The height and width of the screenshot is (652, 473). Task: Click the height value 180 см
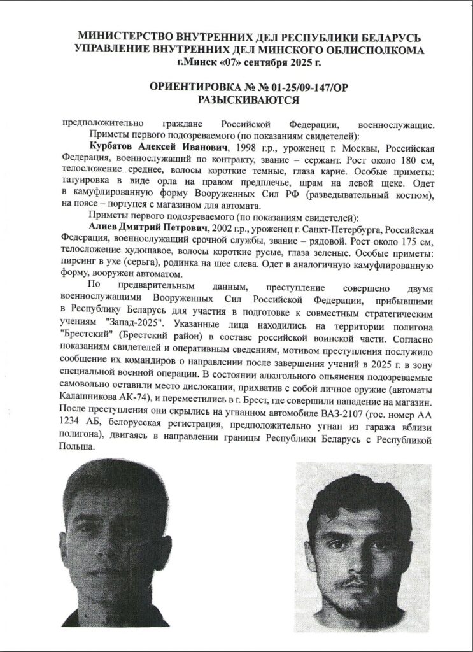click(x=400, y=160)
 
